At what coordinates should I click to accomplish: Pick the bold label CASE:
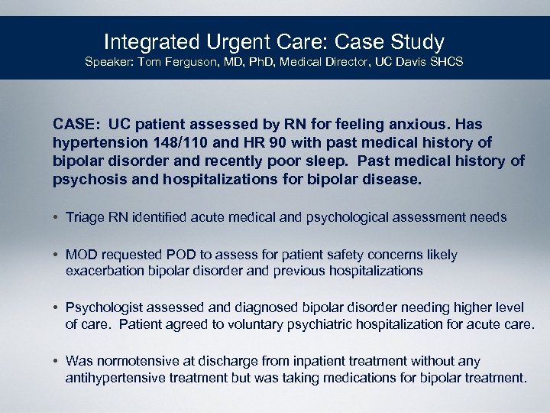76,124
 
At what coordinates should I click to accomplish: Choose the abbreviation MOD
82,255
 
